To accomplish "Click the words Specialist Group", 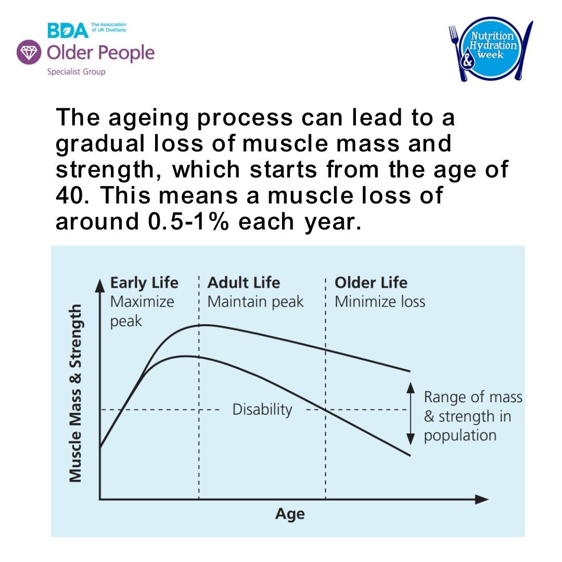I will click(76, 72).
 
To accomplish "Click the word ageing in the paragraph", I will click(143, 119).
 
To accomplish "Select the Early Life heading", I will click(144, 283).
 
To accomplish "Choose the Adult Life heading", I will click(244, 283).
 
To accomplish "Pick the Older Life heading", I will click(371, 283).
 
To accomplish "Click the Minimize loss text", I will click(379, 302).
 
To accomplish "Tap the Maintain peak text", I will click(255, 302).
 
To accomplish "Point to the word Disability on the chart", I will click(262, 410).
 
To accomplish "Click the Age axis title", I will click(290, 514).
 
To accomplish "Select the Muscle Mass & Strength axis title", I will click(76, 393).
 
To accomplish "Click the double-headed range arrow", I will click(410, 413).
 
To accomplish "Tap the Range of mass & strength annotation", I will click(472, 416).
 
